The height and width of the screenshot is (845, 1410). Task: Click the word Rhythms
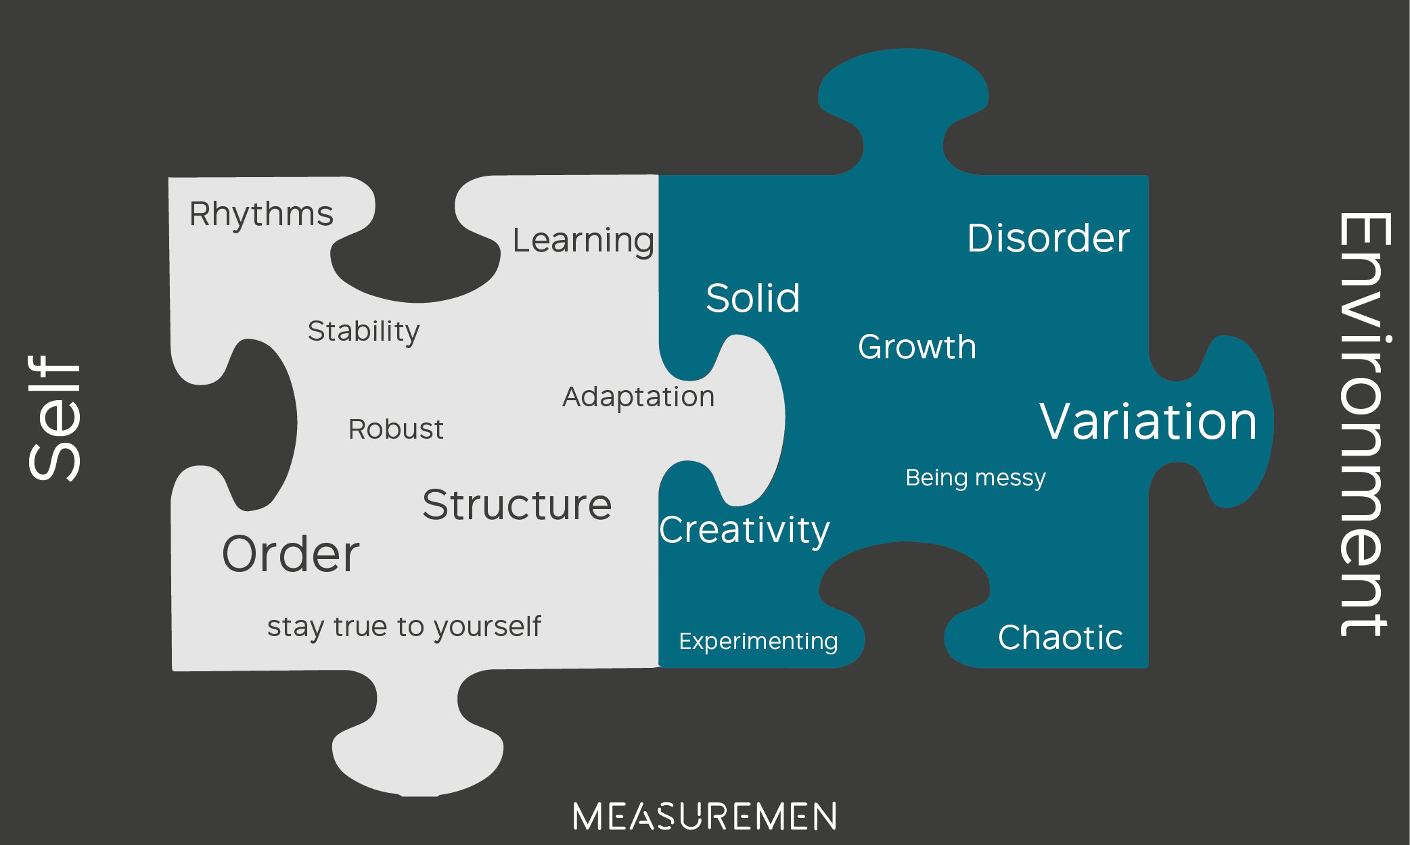click(x=261, y=214)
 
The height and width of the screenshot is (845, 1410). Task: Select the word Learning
click(x=583, y=241)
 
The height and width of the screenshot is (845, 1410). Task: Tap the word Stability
click(x=363, y=331)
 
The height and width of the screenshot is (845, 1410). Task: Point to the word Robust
click(x=396, y=429)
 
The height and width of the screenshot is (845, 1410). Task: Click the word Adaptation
click(x=638, y=397)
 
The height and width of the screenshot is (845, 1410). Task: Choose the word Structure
click(x=517, y=505)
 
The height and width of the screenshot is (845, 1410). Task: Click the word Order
click(x=291, y=554)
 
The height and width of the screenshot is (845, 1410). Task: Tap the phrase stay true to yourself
click(x=404, y=627)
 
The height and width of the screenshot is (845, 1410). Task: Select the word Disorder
click(x=1048, y=238)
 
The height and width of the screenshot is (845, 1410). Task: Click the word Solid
click(x=752, y=298)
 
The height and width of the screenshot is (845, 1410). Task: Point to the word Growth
click(x=917, y=347)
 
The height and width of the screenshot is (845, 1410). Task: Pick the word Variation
click(x=1148, y=421)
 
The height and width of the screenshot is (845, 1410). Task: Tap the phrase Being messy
click(x=976, y=478)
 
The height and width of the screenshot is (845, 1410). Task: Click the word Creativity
click(x=744, y=530)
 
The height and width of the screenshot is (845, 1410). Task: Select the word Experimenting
click(x=758, y=641)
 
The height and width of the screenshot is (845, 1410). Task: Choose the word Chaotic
click(x=1060, y=637)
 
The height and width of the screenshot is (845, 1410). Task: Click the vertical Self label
click(x=54, y=418)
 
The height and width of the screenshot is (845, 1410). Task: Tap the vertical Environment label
click(x=1364, y=424)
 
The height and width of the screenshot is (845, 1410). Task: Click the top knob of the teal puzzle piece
click(x=903, y=95)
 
